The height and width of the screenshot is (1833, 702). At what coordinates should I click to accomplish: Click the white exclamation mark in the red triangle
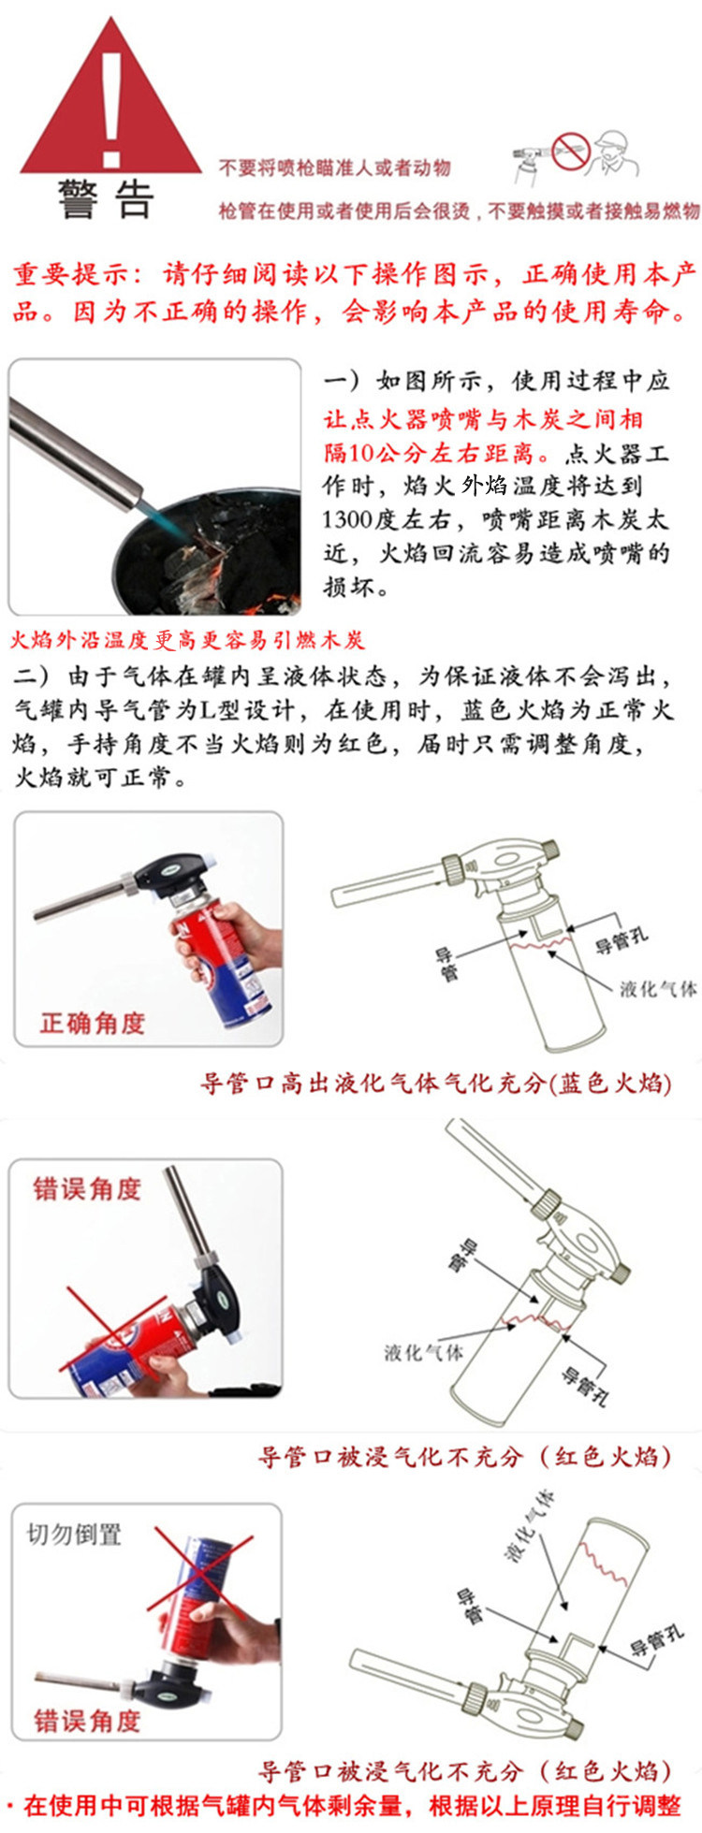(x=112, y=108)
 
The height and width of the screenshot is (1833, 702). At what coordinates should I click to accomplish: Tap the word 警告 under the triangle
(x=105, y=199)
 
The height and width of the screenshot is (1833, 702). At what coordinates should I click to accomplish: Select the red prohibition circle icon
(x=569, y=152)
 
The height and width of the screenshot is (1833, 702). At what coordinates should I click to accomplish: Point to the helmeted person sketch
(x=614, y=154)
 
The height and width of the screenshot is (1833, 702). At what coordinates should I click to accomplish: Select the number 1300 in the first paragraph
(x=350, y=519)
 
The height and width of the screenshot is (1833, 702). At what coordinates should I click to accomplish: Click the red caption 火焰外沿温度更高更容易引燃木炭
(x=187, y=641)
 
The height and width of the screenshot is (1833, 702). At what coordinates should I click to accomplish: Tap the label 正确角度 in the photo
(x=92, y=1023)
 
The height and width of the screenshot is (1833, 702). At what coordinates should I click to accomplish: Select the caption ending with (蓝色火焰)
(x=437, y=1084)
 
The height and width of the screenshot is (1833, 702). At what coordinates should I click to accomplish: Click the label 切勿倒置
(x=75, y=1535)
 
